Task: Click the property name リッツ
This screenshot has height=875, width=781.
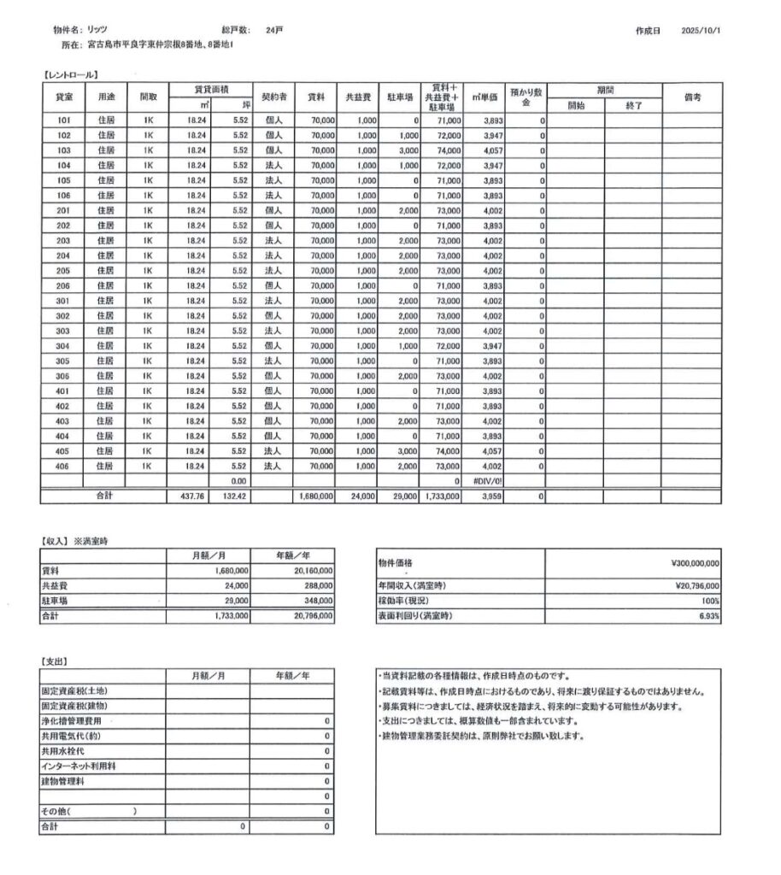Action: click(97, 30)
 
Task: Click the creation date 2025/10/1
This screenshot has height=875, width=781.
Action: click(702, 30)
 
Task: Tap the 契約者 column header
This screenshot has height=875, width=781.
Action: click(273, 97)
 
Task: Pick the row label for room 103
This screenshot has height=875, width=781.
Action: click(63, 150)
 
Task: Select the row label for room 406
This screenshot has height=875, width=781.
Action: click(63, 467)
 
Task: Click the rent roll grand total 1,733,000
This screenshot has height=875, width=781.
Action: click(442, 496)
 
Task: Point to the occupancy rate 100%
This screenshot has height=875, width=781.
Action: click(710, 601)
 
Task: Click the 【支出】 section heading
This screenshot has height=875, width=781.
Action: click(56, 661)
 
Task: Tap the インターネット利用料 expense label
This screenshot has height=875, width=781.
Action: click(79, 766)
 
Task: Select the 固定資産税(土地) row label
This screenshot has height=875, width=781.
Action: click(74, 691)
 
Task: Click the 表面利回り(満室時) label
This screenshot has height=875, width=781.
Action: click(414, 616)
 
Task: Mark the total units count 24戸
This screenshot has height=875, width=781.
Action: click(274, 30)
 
